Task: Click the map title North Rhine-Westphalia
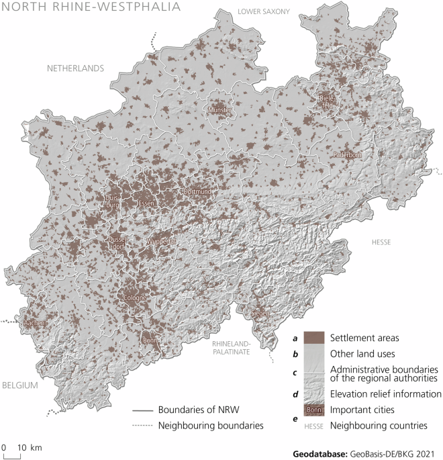point(90,7)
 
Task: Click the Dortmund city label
point(197,192)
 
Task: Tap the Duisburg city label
point(111,201)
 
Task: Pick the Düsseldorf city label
point(116,242)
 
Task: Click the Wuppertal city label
point(161,240)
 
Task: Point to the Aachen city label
point(34,323)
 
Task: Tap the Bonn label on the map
point(149,340)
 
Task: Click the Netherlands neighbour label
point(75,68)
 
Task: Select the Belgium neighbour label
point(19,386)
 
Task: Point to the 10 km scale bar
point(13,455)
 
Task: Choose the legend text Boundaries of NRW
point(199,410)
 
